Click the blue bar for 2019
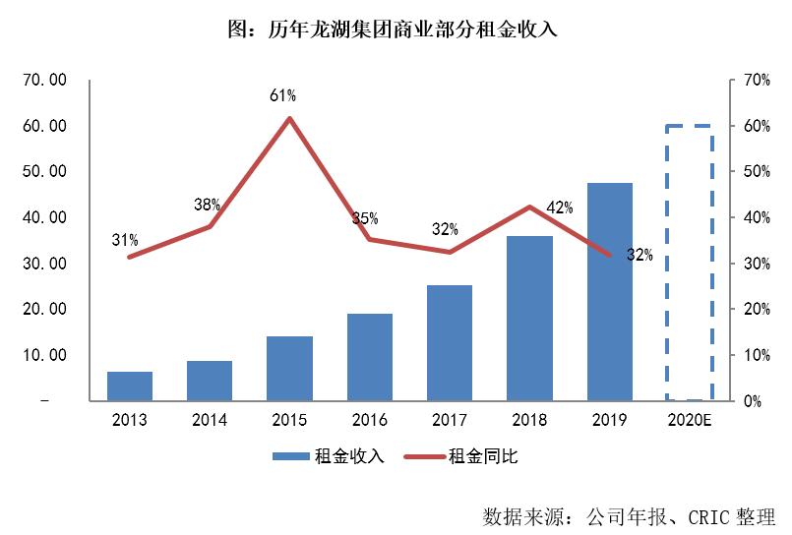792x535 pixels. pyautogui.click(x=610, y=292)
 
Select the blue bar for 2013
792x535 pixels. pyautogui.click(x=130, y=386)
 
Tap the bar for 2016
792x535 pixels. pyautogui.click(x=370, y=357)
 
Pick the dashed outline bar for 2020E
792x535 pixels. pyautogui.click(x=690, y=263)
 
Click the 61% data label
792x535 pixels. pyautogui.click(x=283, y=95)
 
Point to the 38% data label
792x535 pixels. pyautogui.click(x=207, y=206)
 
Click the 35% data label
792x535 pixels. pyautogui.click(x=365, y=218)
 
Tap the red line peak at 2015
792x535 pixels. pyautogui.click(x=289, y=119)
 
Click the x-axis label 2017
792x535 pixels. pyautogui.click(x=450, y=421)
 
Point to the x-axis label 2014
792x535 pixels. pyautogui.click(x=210, y=421)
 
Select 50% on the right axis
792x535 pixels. pyautogui.click(x=756, y=171)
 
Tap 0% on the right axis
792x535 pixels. pyautogui.click(x=752, y=401)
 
